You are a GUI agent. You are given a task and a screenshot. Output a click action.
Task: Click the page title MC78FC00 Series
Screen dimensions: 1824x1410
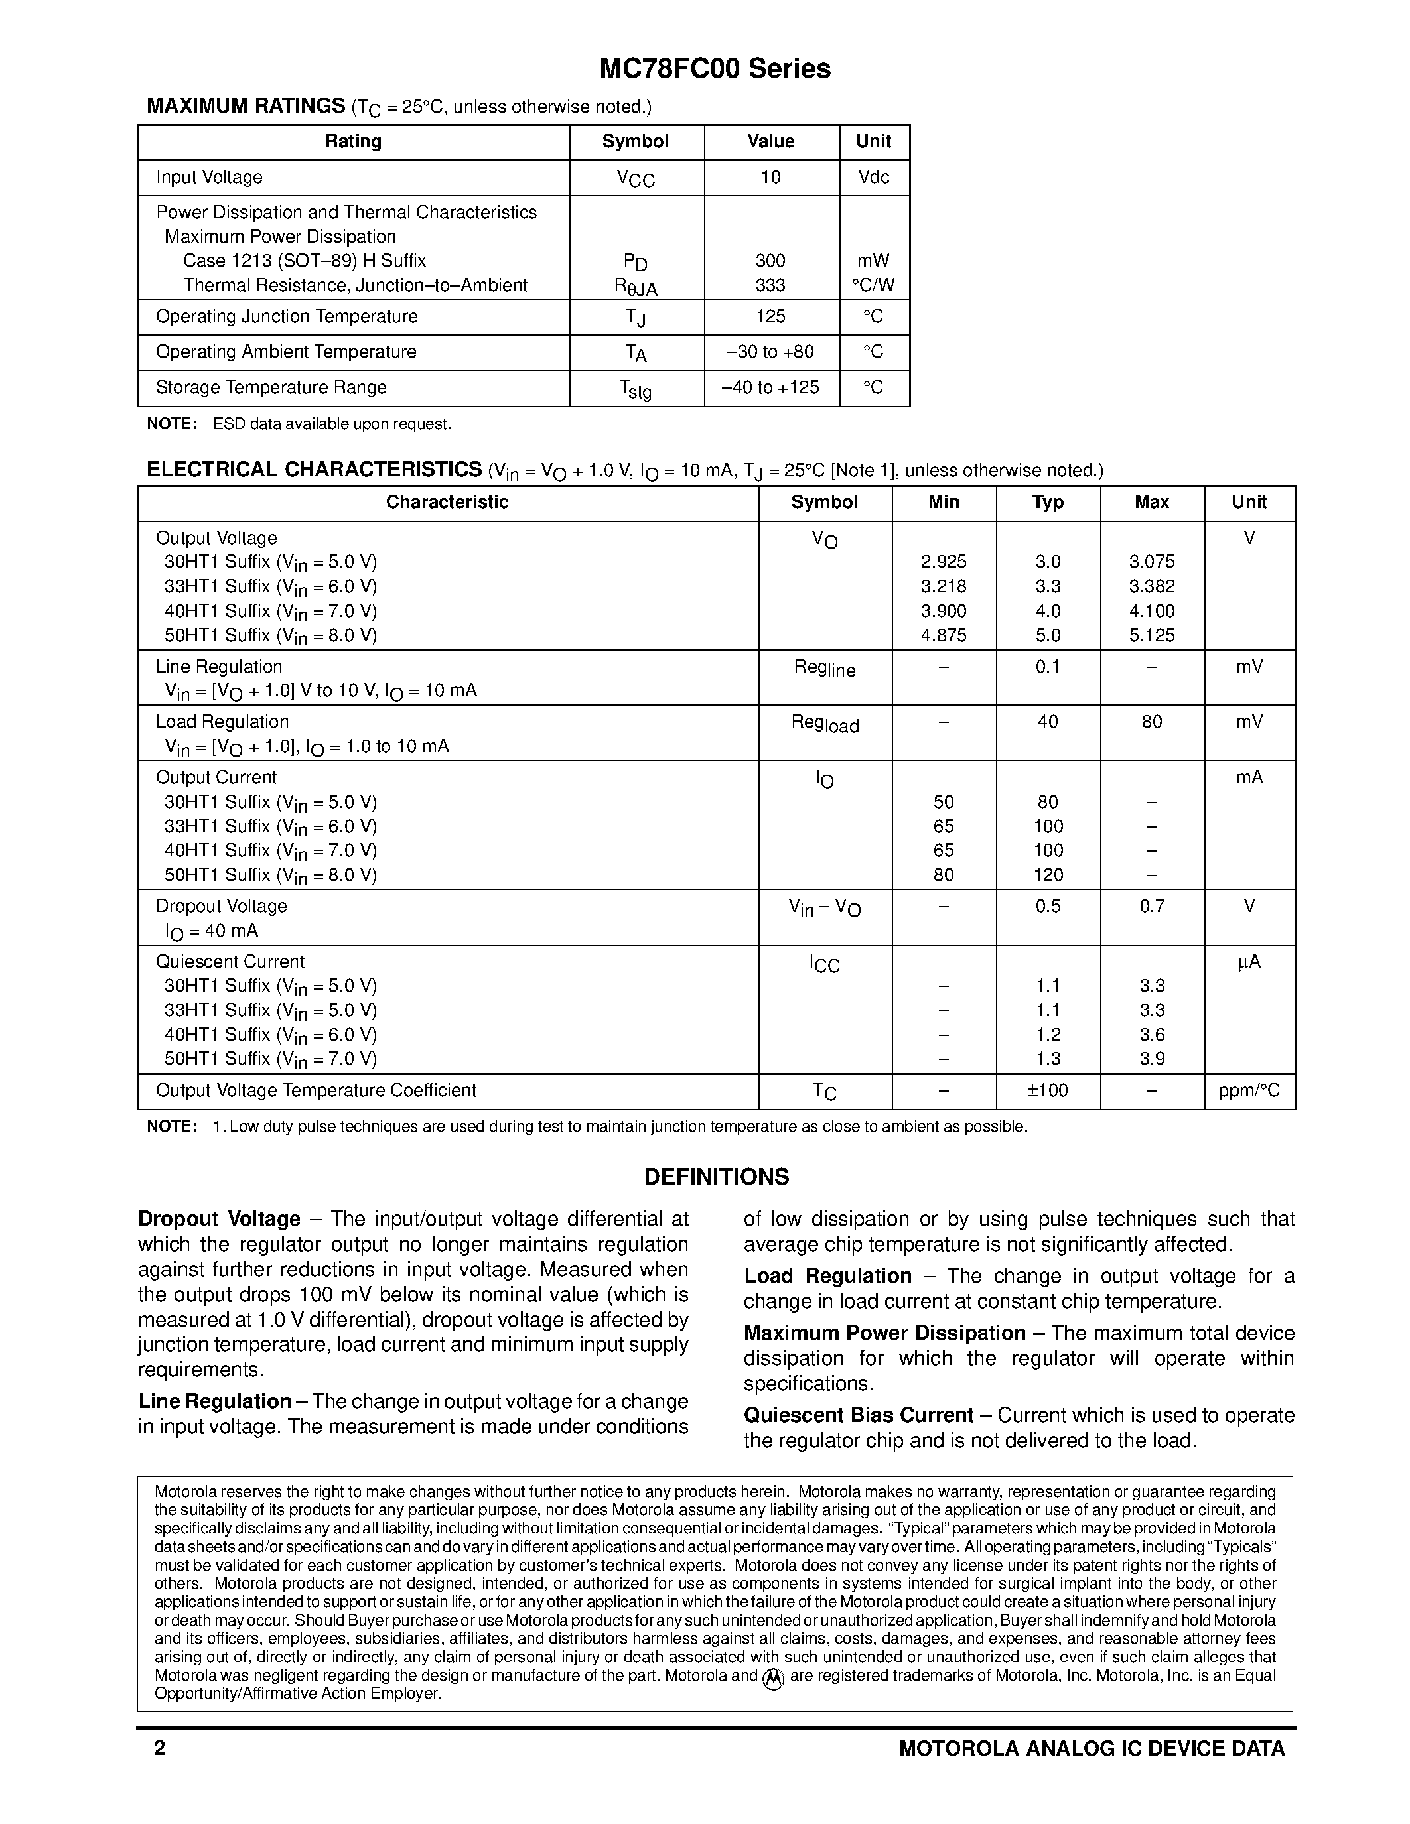pyautogui.click(x=715, y=70)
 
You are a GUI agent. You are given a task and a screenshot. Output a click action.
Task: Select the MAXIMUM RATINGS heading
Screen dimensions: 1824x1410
pyautogui.click(x=246, y=106)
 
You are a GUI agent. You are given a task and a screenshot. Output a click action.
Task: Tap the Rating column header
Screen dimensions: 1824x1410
pyautogui.click(x=354, y=141)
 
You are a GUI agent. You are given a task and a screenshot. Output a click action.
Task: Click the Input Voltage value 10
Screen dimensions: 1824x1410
pyautogui.click(x=770, y=177)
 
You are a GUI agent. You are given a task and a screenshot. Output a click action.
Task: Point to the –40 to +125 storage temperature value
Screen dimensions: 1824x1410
pyautogui.click(x=770, y=387)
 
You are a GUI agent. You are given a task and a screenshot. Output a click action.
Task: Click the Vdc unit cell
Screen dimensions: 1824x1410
pyautogui.click(x=874, y=177)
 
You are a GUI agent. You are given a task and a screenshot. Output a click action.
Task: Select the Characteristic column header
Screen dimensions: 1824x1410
pyautogui.click(x=447, y=502)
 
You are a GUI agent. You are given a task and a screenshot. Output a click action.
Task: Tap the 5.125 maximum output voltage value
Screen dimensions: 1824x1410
pyautogui.click(x=1151, y=635)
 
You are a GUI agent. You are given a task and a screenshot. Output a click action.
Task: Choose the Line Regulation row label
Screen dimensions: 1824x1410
pyautogui.click(x=219, y=667)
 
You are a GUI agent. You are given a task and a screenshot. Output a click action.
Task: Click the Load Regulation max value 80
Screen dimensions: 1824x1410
pyautogui.click(x=1151, y=722)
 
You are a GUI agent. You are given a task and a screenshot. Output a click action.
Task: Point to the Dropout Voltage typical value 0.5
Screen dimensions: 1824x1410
pyautogui.click(x=1048, y=906)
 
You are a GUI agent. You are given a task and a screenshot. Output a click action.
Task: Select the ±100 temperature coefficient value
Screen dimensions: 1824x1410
pyautogui.click(x=1048, y=1090)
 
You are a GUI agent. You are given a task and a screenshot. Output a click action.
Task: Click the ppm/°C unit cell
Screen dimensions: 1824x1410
pyautogui.click(x=1249, y=1090)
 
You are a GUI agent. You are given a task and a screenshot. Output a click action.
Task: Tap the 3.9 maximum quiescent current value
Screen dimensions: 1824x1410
pyautogui.click(x=1151, y=1059)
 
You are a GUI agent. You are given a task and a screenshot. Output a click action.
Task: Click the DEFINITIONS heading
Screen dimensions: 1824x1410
pyautogui.click(x=716, y=1177)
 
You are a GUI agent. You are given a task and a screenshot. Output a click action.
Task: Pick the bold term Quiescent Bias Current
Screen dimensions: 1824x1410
pyautogui.click(x=859, y=1415)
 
